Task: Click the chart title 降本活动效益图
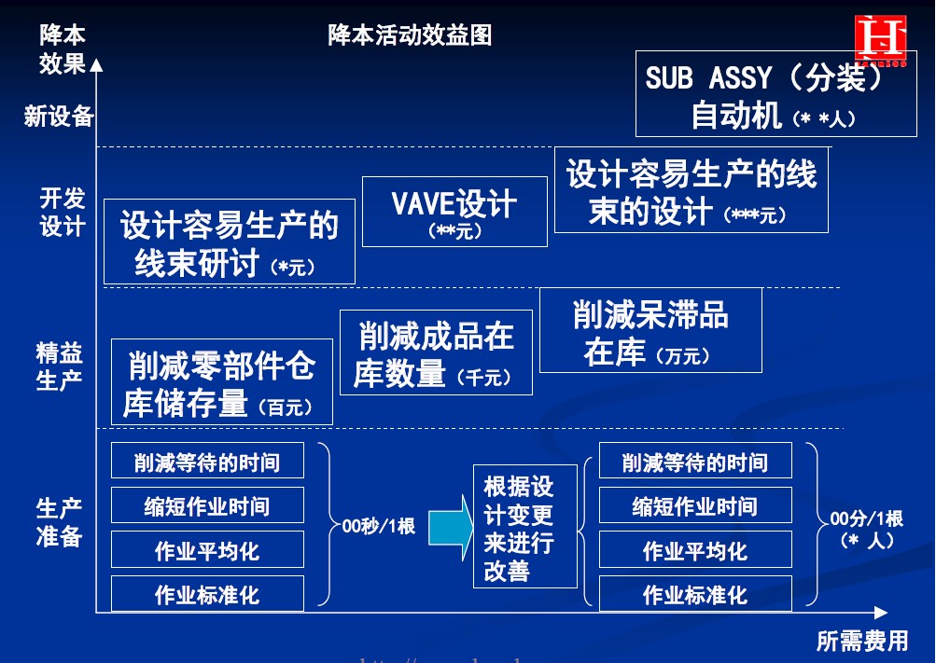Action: [410, 35]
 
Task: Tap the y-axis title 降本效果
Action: [63, 48]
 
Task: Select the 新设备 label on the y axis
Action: [59, 117]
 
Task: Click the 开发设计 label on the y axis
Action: [63, 212]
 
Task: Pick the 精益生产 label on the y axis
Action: [60, 366]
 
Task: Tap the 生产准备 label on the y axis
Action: [60, 522]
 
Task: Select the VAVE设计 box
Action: [454, 212]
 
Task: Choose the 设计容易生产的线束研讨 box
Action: [229, 242]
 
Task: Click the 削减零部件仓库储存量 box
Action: [221, 381]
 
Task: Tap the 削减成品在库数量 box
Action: [436, 352]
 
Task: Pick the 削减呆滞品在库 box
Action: [650, 330]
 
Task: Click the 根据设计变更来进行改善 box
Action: [524, 527]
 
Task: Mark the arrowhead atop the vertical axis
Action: [97, 64]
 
